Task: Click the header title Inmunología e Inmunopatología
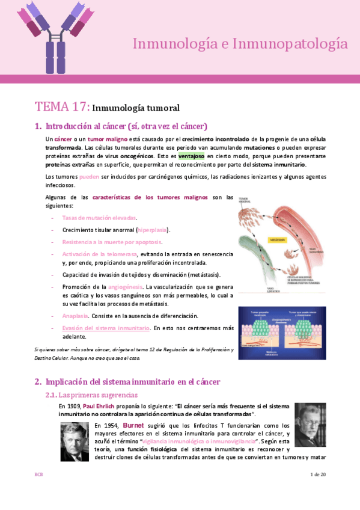click(239, 43)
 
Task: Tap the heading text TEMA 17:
click(63, 107)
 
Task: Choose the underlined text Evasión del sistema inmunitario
click(106, 328)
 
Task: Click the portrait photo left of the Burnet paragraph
click(75, 441)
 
